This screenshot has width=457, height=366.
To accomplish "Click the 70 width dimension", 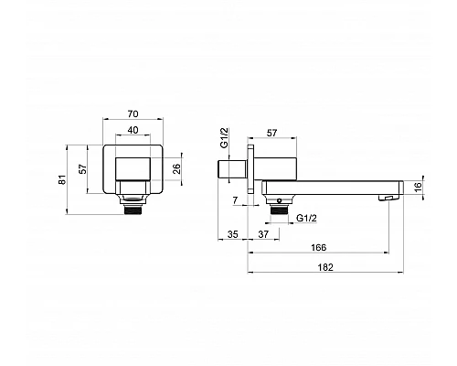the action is pyautogui.click(x=133, y=113).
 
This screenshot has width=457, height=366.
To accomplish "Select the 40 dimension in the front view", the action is pyautogui.click(x=133, y=130).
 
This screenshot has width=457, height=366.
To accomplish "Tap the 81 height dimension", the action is pyautogui.click(x=62, y=179).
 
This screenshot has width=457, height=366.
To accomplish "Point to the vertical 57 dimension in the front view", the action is pyautogui.click(x=83, y=168).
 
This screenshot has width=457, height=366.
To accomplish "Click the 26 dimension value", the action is pyautogui.click(x=176, y=168).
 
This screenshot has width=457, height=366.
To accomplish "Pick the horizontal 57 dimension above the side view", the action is pyautogui.click(x=272, y=133).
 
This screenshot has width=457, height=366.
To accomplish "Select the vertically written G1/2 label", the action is pyautogui.click(x=224, y=138).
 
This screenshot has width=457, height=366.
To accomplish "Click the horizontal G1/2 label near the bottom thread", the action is pyautogui.click(x=307, y=218).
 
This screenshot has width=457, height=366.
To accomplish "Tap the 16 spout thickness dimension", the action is pyautogui.click(x=419, y=187).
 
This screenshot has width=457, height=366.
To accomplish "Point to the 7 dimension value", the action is pyautogui.click(x=235, y=200).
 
